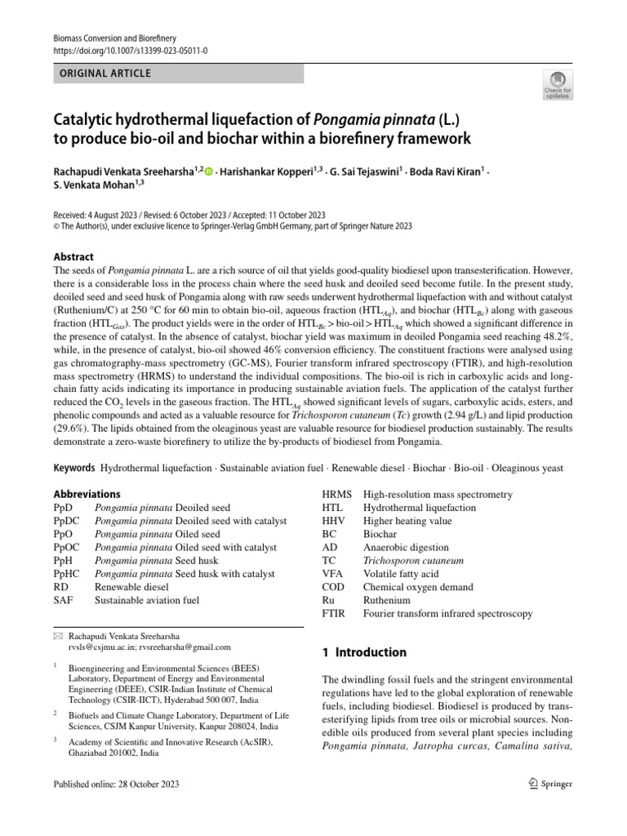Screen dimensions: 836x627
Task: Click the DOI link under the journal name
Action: tap(131, 50)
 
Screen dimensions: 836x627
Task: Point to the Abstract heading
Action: tap(73, 256)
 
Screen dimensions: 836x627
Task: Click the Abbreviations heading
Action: tap(87, 494)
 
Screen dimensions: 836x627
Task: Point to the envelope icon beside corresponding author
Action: tap(57, 635)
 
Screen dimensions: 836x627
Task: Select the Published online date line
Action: tap(114, 785)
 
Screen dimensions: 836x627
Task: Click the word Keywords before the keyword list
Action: tap(73, 468)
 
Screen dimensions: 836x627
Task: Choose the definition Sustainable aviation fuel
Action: tap(147, 600)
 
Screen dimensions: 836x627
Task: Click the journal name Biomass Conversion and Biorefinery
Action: tap(114, 38)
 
